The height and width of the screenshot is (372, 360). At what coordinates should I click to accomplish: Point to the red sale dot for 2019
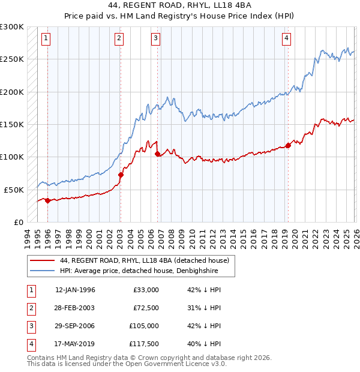[288, 145]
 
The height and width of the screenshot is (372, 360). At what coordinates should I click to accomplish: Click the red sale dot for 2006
[157, 154]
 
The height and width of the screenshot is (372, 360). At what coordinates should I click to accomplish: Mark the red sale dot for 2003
[121, 175]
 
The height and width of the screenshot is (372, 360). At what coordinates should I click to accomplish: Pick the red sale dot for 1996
[47, 200]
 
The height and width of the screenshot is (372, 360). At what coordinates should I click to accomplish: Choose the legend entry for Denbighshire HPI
[139, 271]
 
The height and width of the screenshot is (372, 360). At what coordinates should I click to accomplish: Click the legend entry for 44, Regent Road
[144, 261]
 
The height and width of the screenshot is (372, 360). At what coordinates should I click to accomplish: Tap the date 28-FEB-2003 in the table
[75, 308]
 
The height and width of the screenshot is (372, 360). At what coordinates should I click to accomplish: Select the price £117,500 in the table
[144, 344]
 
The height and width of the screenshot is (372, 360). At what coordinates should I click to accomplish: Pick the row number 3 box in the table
[31, 326]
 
